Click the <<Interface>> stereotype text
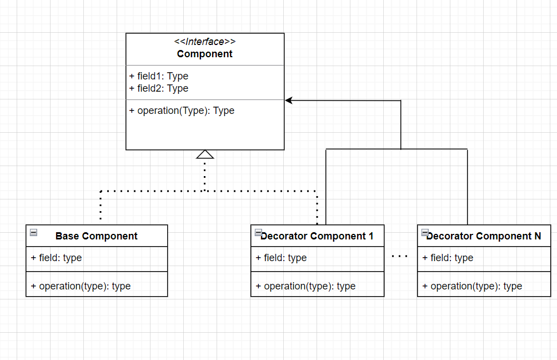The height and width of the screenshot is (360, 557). (204, 42)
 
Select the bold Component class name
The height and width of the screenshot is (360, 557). (204, 54)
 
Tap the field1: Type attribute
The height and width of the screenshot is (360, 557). (159, 76)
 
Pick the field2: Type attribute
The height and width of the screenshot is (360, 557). (159, 88)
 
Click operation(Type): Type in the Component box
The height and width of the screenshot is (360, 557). (182, 111)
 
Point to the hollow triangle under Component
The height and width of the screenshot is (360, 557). (205, 154)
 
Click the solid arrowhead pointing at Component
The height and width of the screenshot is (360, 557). (289, 101)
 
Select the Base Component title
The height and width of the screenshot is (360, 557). (97, 236)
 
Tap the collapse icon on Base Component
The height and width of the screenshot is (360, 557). (34, 233)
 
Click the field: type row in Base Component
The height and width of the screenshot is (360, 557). (57, 258)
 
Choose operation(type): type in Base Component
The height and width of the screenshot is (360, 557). (81, 286)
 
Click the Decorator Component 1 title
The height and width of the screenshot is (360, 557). (317, 236)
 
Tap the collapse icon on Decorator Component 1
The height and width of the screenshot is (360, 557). (258, 233)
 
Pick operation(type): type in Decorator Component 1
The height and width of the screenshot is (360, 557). (306, 286)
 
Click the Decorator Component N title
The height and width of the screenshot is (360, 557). (484, 236)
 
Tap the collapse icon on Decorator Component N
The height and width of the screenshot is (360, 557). (425, 233)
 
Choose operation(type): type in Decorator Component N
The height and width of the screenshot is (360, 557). (473, 286)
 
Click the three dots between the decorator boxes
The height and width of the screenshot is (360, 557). (400, 256)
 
